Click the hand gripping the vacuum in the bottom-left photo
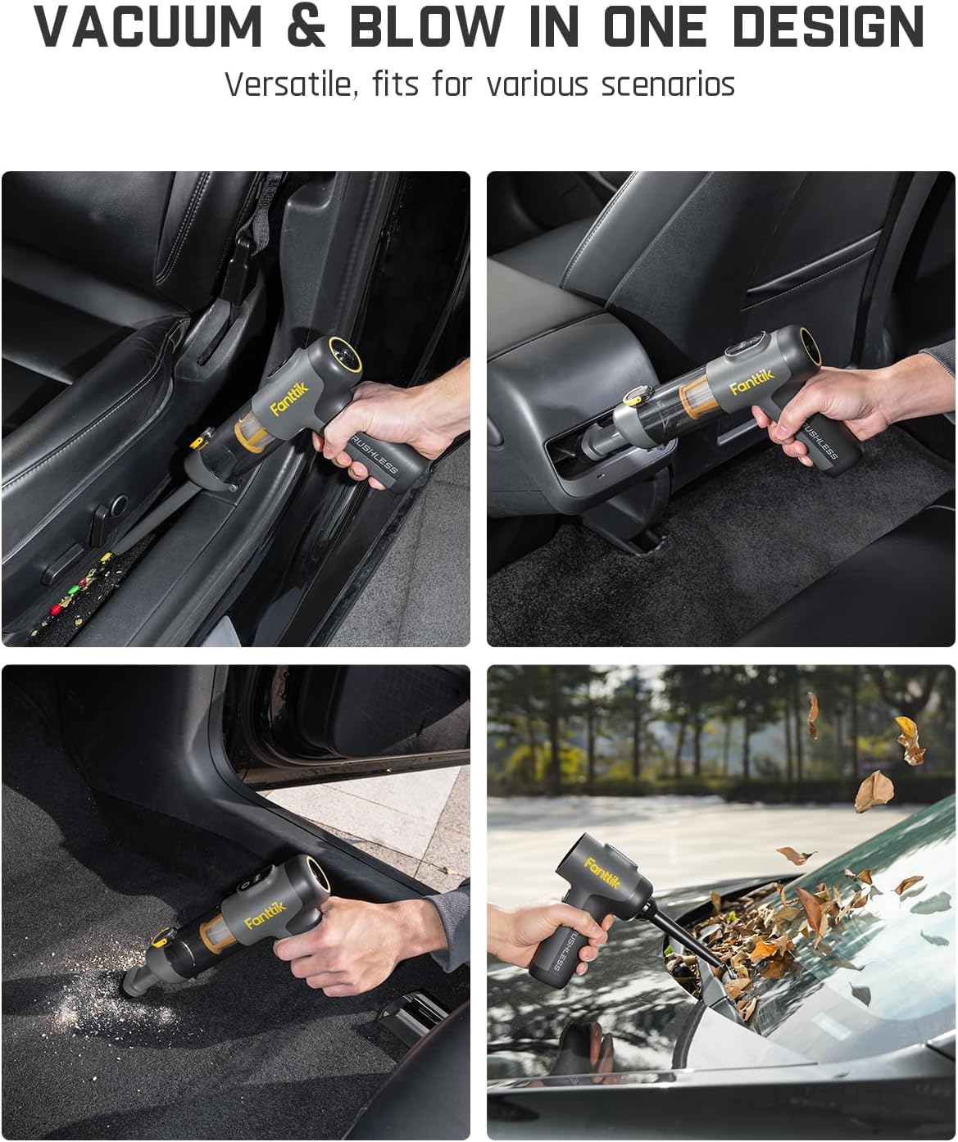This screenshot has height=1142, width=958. [x=344, y=950]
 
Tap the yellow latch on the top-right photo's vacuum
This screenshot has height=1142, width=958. [x=633, y=400]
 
